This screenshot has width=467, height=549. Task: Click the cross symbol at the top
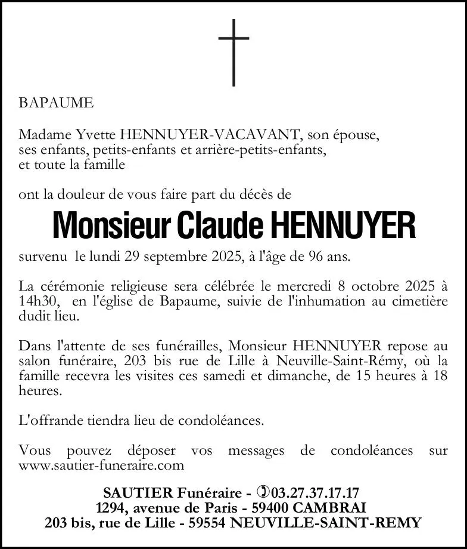coord(233,52)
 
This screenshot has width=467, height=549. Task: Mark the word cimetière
coord(419,301)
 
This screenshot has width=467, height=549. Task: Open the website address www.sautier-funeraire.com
coord(101,465)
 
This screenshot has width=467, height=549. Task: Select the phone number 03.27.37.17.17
coord(315,493)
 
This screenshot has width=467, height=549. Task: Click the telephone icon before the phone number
coord(263,493)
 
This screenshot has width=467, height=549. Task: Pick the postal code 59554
coord(206,523)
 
